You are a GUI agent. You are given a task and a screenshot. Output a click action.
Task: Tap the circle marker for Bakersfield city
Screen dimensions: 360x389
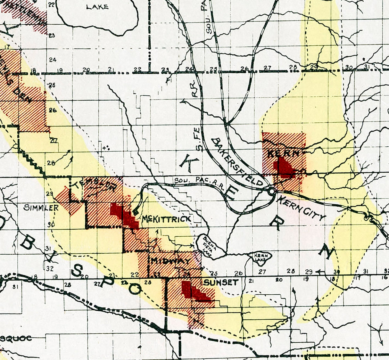pyautogui.click(x=271, y=191)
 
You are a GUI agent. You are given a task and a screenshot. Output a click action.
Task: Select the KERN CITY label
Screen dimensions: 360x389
pyautogui.click(x=301, y=208)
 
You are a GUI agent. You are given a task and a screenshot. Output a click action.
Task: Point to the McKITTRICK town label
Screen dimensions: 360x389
pyautogui.click(x=166, y=219)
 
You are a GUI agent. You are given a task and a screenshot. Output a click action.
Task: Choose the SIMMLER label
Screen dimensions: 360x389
pyautogui.click(x=41, y=208)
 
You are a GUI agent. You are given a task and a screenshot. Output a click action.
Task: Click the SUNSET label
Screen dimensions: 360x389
pyautogui.click(x=221, y=282)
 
